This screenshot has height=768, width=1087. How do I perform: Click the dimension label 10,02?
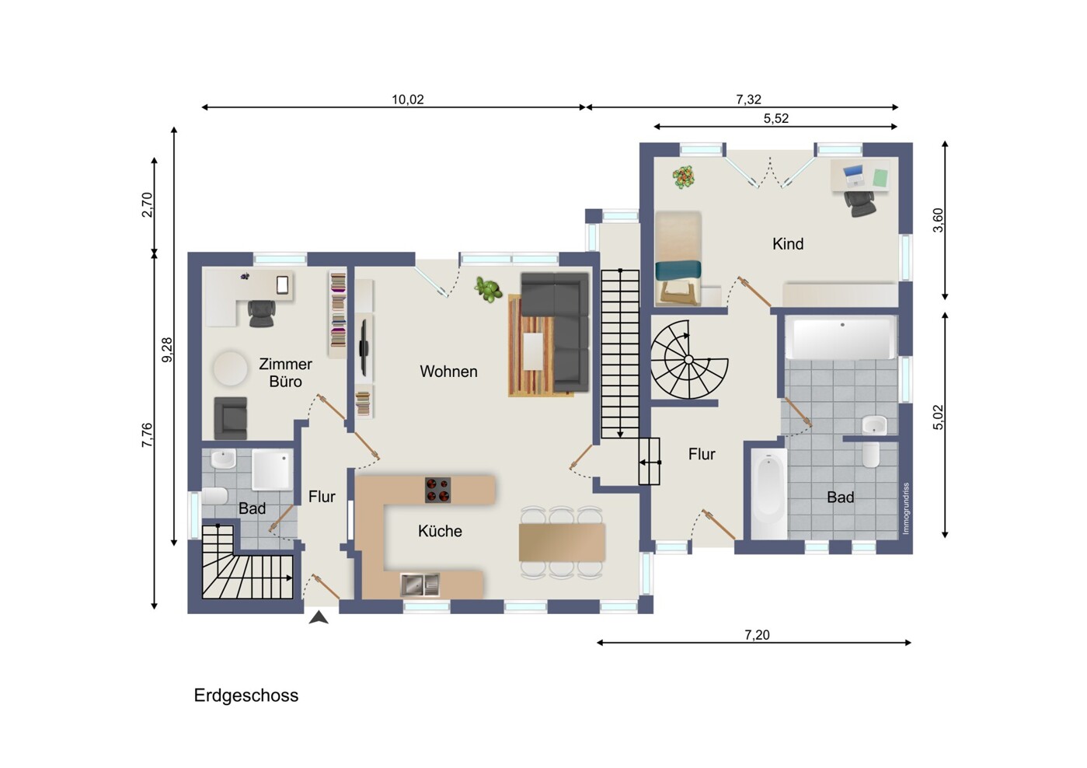(408, 99)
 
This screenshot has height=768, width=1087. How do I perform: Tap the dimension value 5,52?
(776, 118)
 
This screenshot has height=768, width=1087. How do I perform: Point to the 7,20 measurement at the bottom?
(757, 635)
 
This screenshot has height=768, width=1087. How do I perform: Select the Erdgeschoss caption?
(246, 696)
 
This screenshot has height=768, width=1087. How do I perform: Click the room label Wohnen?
(448, 372)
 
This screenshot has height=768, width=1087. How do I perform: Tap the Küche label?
(440, 531)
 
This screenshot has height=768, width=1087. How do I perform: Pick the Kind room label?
(788, 244)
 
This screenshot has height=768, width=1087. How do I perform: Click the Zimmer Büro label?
(285, 372)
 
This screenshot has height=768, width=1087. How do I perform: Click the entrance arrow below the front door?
(319, 617)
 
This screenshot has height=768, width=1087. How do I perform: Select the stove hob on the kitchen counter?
(437, 490)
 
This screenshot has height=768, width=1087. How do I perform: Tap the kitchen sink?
(420, 585)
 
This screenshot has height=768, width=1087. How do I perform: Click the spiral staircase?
(688, 359)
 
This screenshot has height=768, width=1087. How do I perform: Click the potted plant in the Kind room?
(683, 176)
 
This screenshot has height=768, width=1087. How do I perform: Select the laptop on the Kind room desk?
(854, 176)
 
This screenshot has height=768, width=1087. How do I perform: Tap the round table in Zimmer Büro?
(230, 368)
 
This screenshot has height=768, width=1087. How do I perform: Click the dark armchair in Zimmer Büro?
(231, 417)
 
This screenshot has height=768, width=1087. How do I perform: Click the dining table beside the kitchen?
(562, 543)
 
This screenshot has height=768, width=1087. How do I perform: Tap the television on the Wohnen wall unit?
(364, 347)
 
